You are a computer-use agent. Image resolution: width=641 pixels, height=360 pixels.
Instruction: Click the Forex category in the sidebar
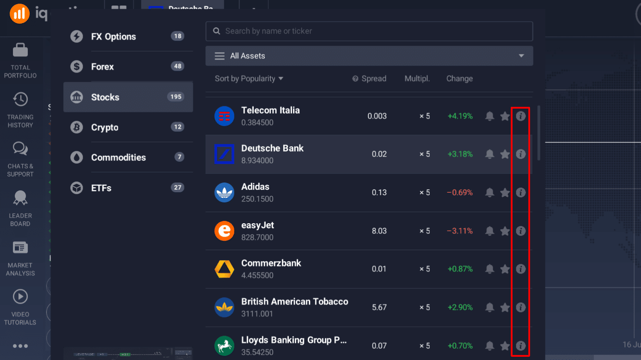[102, 67]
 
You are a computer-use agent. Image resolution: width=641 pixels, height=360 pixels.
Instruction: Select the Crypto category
[104, 128]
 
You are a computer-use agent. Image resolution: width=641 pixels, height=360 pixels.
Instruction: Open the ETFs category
[101, 188]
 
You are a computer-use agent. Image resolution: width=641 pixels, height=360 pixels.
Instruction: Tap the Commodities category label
[118, 158]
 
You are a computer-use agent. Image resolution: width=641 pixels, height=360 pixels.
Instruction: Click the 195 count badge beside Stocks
[176, 97]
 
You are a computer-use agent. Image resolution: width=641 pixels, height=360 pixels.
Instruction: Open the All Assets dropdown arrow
[521, 56]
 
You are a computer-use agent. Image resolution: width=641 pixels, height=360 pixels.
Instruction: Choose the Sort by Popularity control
[249, 79]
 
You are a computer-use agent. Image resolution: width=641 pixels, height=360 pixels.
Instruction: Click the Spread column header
[373, 79]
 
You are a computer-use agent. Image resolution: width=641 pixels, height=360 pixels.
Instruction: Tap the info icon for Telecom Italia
[521, 116]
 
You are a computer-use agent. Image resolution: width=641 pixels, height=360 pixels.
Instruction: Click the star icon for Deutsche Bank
[505, 154]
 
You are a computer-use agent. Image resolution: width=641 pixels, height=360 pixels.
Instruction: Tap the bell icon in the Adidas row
[489, 193]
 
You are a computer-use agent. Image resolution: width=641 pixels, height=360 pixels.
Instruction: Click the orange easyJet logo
[225, 231]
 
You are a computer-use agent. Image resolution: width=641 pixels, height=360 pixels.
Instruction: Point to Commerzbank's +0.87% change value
[460, 269]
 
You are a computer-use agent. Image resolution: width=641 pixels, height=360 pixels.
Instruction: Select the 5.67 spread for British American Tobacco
[379, 307]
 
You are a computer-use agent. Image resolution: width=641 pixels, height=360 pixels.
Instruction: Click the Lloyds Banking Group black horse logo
[225, 346]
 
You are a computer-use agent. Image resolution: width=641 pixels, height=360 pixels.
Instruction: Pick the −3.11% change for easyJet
[459, 231]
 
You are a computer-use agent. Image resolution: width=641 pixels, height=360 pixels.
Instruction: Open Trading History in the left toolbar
[20, 99]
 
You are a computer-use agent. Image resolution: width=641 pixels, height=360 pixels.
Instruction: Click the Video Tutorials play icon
[20, 297]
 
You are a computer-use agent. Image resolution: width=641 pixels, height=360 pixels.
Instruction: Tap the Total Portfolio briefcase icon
[20, 50]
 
